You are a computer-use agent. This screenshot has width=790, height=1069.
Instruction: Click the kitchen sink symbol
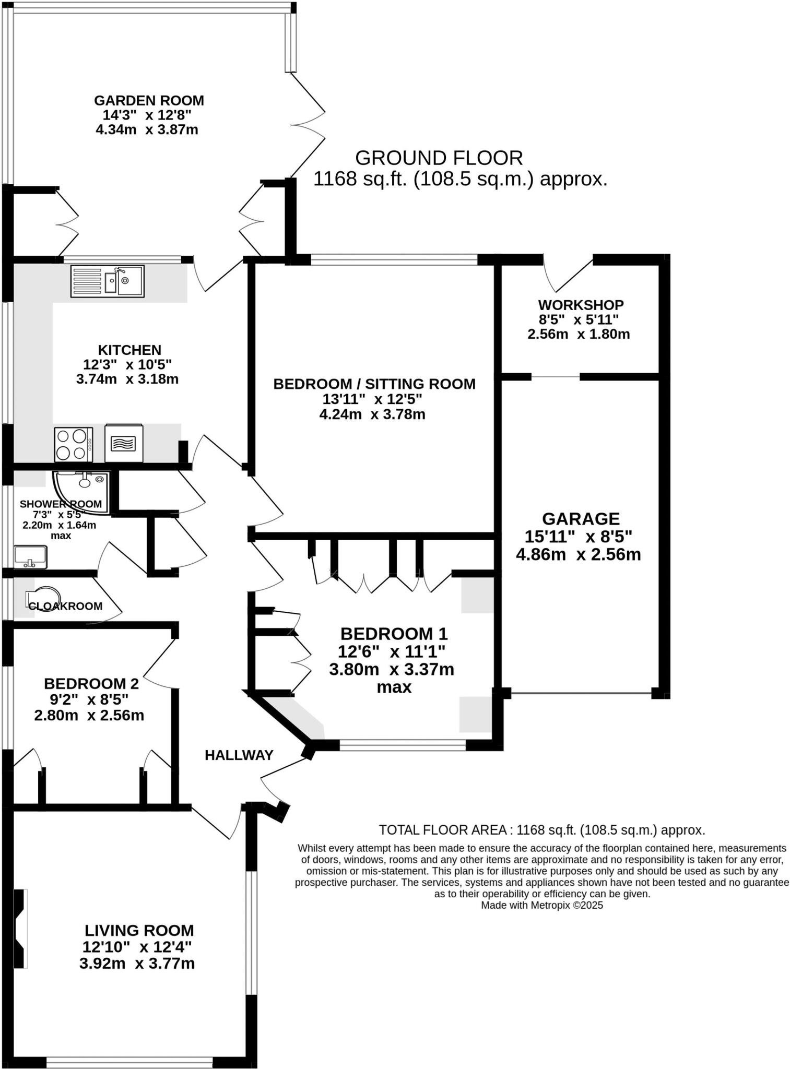107,281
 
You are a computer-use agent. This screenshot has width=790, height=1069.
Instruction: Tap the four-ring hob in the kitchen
73,444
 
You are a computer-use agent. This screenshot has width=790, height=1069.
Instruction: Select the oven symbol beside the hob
123,443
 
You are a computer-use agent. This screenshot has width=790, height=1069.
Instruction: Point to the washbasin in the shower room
30,557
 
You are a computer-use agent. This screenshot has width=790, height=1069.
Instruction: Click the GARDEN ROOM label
149,100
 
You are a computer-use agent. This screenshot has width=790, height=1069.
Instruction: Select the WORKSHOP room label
581,305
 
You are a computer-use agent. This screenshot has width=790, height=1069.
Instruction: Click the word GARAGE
581,518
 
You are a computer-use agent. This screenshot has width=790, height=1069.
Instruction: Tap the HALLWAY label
239,755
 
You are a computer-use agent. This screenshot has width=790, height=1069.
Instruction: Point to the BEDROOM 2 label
91,683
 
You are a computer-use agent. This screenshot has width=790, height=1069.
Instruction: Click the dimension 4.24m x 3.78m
372,415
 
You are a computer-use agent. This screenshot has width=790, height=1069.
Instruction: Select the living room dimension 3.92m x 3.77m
137,964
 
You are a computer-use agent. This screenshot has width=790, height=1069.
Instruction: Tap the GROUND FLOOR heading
439,158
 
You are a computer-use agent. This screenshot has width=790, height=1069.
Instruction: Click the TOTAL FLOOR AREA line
541,830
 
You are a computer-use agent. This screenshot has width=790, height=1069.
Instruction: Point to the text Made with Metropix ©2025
541,906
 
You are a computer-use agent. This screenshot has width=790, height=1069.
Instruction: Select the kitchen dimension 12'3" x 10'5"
127,364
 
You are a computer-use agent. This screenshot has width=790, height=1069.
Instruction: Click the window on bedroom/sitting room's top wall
394,259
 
